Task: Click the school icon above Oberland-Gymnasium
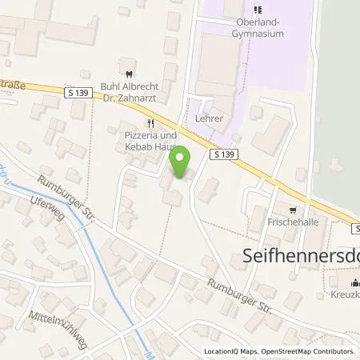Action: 258,10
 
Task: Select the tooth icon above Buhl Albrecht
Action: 122,62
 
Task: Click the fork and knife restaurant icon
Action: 150,123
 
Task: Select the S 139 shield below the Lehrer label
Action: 224,154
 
